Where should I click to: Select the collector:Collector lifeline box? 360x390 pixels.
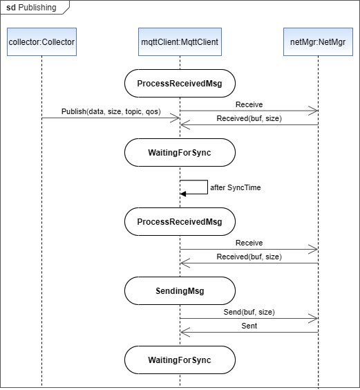coord(41,44)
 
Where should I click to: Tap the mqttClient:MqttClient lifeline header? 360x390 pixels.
coord(180,44)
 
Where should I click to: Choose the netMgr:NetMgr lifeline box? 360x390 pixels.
coord(318,44)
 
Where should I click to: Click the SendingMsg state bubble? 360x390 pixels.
coord(180,291)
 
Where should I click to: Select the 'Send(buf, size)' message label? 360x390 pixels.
coord(249,312)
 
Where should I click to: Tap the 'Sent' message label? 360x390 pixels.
coord(249,325)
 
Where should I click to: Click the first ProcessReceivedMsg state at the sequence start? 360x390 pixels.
coord(180,84)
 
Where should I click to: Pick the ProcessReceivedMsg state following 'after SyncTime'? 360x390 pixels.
coord(180,222)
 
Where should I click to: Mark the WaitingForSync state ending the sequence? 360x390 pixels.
coord(180,360)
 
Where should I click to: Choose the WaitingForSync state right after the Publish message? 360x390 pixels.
coord(180,152)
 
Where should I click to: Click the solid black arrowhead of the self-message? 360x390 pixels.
coord(183,194)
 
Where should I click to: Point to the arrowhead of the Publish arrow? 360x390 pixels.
coord(177,118)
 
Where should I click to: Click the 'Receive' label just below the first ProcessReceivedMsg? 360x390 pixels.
coord(249,104)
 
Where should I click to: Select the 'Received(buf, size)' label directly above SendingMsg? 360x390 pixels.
coord(249,256)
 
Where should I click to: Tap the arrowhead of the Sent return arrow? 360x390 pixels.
coord(183,332)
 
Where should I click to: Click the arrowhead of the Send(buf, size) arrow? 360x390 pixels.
coord(314,319)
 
